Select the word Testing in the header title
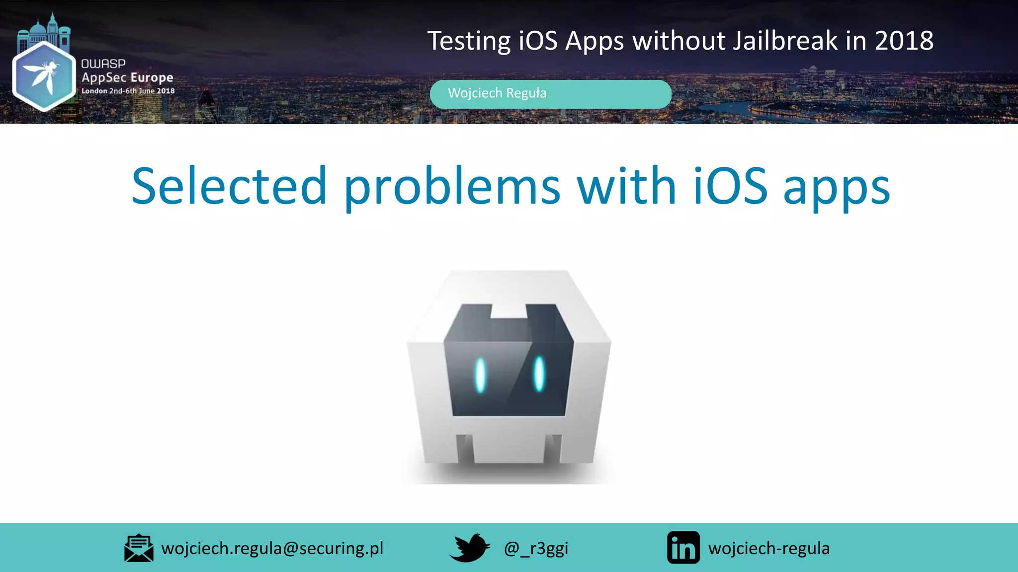469,42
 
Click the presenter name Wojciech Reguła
497,93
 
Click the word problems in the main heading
452,188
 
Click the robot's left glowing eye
480,375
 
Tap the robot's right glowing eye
539,373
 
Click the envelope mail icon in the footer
139,548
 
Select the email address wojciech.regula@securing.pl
272,548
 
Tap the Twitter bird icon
469,548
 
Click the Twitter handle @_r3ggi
536,548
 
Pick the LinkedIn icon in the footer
683,548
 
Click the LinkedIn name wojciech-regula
769,548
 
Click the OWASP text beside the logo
103,64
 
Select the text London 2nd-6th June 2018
128,91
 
